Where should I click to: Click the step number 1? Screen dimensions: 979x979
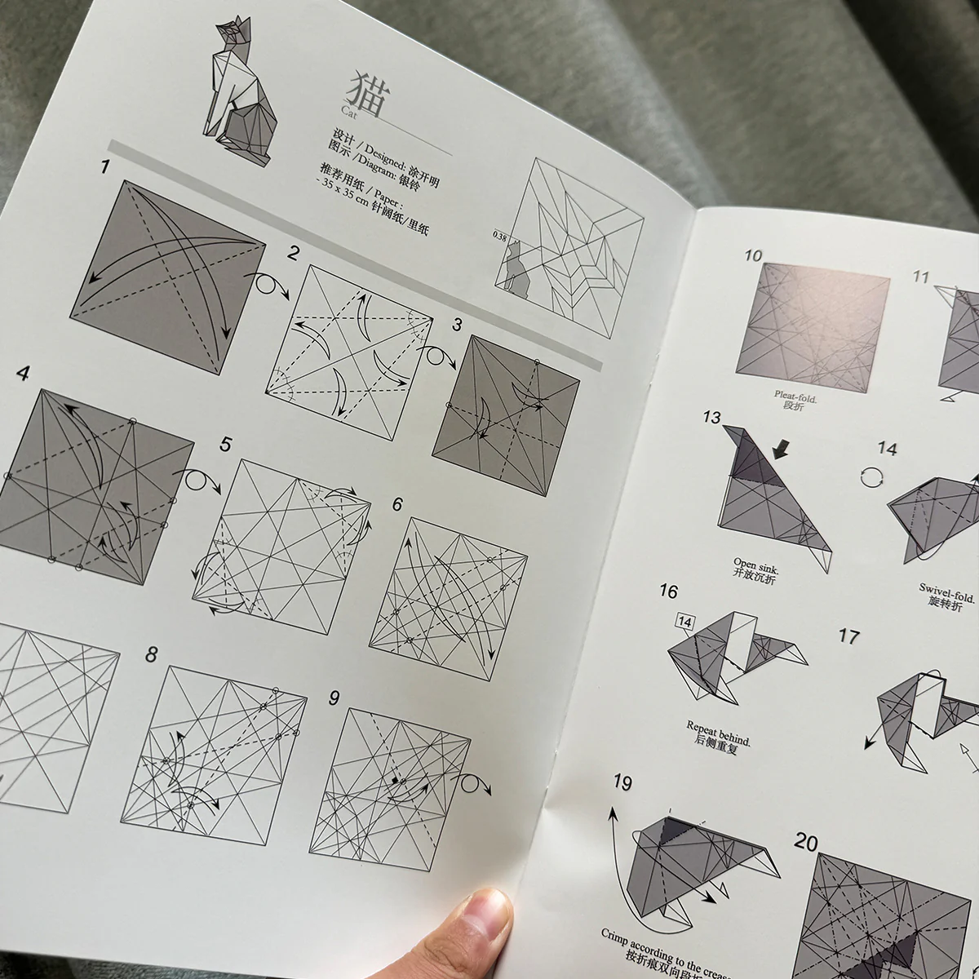click(104, 169)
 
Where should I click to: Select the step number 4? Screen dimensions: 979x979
click(23, 374)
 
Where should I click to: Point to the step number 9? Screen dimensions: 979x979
click(334, 698)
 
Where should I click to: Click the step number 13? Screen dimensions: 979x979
click(711, 418)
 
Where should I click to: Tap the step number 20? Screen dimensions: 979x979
click(807, 843)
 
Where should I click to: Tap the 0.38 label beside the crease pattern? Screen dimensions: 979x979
click(500, 236)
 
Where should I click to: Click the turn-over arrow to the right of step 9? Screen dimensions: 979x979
click(474, 786)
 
